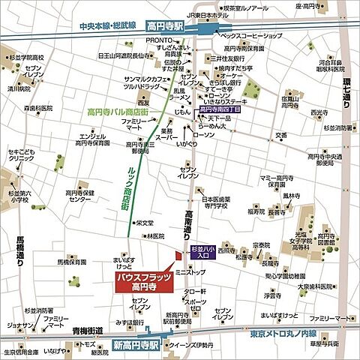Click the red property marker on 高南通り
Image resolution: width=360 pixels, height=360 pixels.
(178, 256)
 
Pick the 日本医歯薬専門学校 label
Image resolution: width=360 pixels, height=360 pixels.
(222, 202)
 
